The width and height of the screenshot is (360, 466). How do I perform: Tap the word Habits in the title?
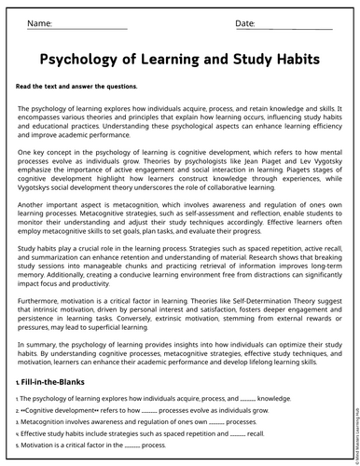290,60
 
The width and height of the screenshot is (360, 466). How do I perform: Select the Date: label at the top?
244,22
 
